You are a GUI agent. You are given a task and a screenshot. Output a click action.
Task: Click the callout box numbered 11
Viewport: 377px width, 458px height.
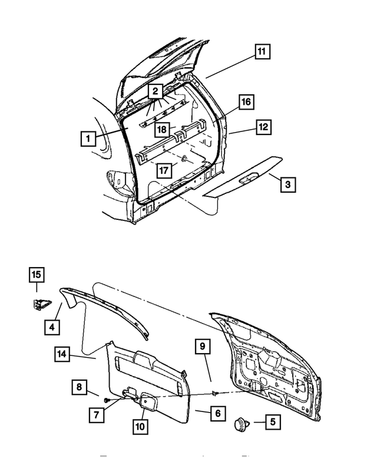pos(261,52)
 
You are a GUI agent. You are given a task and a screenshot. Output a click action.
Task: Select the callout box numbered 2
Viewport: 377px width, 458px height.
pos(154,91)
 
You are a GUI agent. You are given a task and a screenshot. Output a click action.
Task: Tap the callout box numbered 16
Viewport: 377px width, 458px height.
pos(246,102)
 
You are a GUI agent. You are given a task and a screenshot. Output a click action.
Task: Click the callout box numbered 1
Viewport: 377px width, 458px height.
pos(87,139)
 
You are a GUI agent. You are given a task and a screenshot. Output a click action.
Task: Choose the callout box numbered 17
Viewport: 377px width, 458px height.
pos(164,171)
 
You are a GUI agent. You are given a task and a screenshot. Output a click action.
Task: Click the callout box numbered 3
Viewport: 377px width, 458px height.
pos(287,185)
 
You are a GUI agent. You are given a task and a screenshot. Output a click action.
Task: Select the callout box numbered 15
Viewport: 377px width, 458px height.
pos(37,275)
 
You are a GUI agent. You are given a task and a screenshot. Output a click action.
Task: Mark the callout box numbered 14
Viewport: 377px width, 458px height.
pos(62,354)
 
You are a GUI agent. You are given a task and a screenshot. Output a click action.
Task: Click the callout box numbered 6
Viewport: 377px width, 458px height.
pos(217,413)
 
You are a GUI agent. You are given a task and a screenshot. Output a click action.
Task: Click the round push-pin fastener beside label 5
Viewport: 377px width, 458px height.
pos(242,423)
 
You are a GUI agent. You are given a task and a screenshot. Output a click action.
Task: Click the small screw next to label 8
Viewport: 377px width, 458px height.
pos(107,400)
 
